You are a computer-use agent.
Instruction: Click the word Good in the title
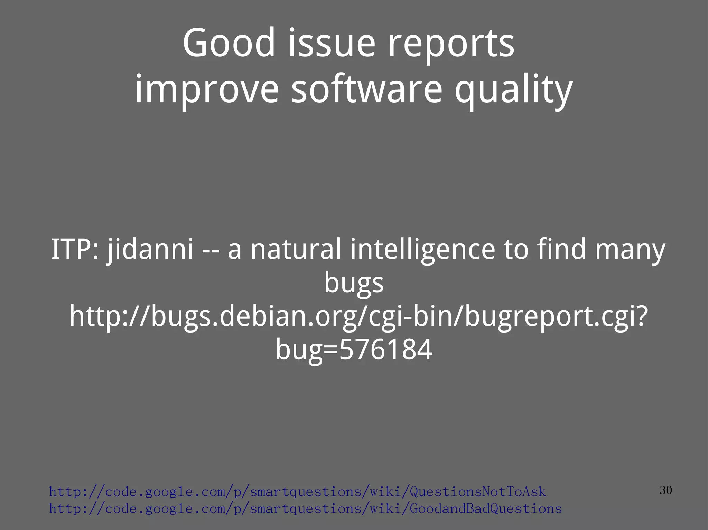point(229,43)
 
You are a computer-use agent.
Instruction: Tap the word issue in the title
point(332,43)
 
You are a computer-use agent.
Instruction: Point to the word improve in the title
point(206,90)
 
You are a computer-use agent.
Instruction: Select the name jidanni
point(150,249)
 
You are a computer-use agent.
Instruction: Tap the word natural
point(296,249)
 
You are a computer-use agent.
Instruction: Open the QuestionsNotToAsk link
point(297,491)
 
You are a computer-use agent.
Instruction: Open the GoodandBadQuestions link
point(305,509)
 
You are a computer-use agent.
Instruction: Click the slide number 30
point(665,490)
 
